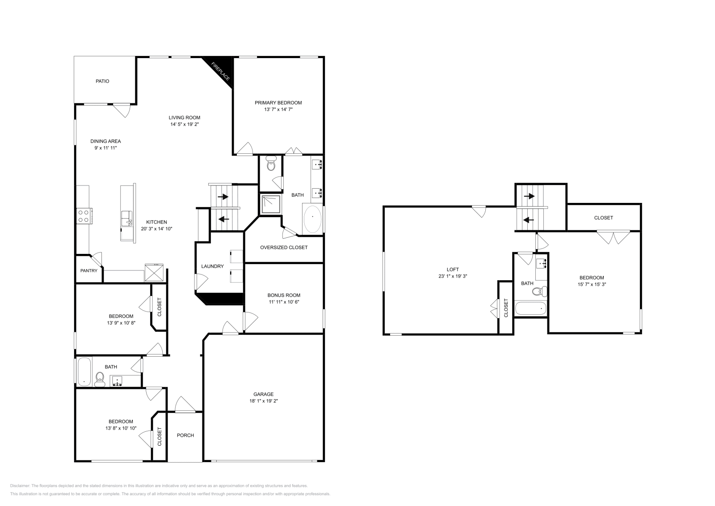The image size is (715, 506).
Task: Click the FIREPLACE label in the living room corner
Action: click(221, 71)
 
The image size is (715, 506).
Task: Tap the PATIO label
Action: click(102, 81)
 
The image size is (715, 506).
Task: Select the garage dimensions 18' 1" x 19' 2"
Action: click(263, 401)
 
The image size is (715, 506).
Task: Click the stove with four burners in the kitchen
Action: click(84, 216)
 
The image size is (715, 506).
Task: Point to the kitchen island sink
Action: click(126, 218)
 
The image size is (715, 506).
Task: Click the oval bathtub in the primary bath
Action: click(312, 218)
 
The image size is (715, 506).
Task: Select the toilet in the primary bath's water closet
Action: click(270, 165)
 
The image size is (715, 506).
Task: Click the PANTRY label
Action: click(89, 270)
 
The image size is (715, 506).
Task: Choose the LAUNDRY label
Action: click(212, 266)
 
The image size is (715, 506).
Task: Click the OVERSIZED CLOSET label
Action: click(284, 247)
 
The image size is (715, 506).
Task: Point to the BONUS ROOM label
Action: click(284, 295)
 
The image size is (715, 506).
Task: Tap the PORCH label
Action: click(185, 435)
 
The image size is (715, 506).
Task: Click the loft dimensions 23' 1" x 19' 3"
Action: click(453, 276)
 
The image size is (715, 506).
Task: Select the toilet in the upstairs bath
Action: click(538, 291)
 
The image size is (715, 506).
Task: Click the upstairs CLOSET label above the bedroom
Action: click(603, 218)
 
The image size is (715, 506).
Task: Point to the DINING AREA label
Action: click(105, 141)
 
